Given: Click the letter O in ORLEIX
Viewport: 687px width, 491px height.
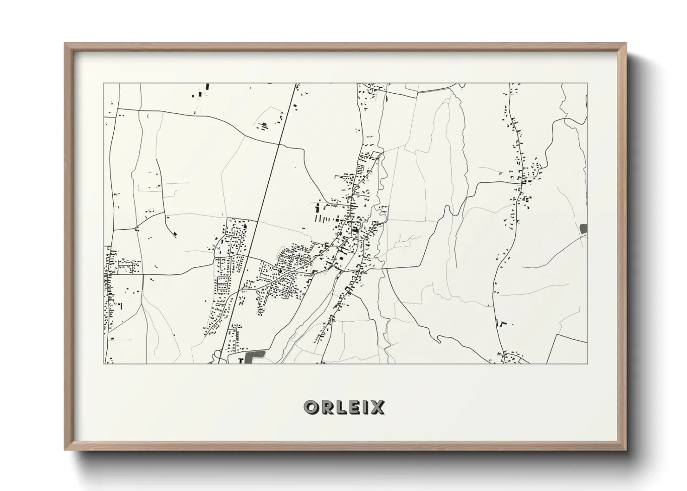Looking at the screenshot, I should point(311,407).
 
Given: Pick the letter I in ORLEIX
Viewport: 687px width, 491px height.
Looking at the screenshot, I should point(365,407).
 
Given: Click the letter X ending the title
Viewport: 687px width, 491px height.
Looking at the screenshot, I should point(377,407).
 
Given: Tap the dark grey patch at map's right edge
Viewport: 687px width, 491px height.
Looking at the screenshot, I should point(583,228).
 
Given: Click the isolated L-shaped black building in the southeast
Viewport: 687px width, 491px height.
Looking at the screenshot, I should point(501,323).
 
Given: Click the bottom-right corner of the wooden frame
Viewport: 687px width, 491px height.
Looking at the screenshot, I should point(626,450).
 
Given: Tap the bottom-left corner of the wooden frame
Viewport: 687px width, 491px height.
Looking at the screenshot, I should point(65,450).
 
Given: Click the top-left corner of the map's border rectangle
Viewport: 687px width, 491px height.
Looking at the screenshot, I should point(104,84).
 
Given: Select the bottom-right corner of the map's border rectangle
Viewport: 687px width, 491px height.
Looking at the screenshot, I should point(587,363).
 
